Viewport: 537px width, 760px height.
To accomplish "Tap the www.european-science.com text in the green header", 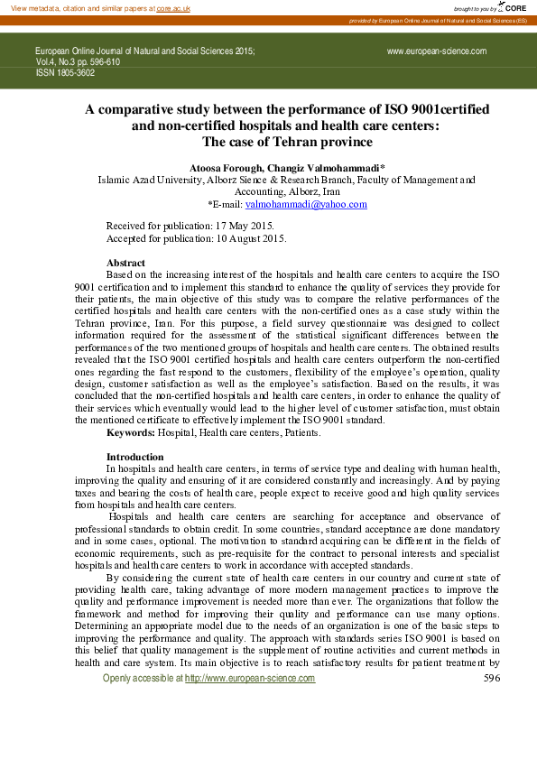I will [x=437, y=51].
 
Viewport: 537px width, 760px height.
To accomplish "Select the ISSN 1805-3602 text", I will [x=65, y=73].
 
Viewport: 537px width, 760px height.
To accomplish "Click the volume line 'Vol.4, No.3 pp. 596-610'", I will [x=78, y=62].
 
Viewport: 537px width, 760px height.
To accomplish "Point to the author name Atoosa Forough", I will [x=227, y=168].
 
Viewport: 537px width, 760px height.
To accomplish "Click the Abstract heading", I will [x=125, y=262].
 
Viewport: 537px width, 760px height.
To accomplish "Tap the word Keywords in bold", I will [x=131, y=433].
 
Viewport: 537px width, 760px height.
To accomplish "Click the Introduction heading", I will [x=135, y=457].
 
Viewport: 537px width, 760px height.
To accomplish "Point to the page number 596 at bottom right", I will [x=491, y=678].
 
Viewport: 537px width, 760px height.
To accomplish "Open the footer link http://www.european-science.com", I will [x=249, y=679].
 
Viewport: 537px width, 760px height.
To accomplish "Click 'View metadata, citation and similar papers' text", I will [x=78, y=7].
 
